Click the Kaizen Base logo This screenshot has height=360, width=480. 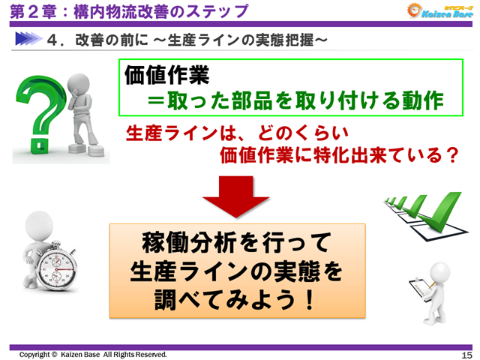tap(436, 11)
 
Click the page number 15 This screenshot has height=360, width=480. tap(465, 354)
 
